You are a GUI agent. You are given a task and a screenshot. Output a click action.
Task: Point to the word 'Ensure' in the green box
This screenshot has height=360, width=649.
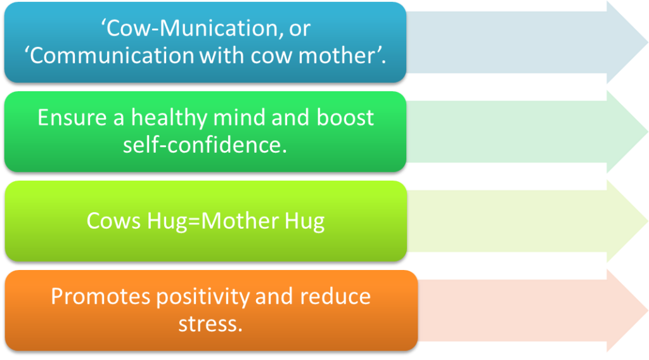pyautogui.click(x=72, y=117)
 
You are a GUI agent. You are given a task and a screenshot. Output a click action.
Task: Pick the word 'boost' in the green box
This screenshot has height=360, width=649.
pyautogui.click(x=345, y=117)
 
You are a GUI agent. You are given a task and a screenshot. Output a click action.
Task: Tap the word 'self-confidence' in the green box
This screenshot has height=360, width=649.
pyautogui.click(x=203, y=145)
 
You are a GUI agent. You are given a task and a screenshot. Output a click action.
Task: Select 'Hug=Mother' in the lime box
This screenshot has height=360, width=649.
pyautogui.click(x=213, y=221)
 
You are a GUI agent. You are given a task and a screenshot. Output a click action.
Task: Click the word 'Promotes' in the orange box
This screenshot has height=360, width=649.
pyautogui.click(x=100, y=296)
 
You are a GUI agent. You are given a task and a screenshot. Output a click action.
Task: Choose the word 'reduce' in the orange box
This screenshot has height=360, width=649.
pyautogui.click(x=335, y=296)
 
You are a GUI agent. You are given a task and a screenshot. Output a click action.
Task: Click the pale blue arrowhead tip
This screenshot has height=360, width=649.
pyautogui.click(x=647, y=42)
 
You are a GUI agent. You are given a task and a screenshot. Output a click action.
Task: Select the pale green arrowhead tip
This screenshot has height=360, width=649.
pyautogui.click(x=647, y=132)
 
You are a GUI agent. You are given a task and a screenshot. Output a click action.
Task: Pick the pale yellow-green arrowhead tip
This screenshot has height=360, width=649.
pyautogui.click(x=647, y=221)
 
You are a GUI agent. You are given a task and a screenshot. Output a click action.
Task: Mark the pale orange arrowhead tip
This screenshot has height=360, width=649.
pyautogui.click(x=647, y=311)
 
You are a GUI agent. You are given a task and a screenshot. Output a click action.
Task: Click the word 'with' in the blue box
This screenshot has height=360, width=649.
pyautogui.click(x=222, y=55)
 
